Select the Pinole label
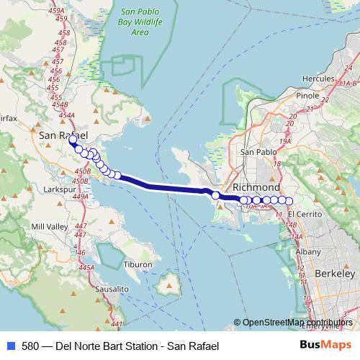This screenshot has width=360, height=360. tap(307, 94)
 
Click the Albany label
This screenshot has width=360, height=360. tap(307, 251)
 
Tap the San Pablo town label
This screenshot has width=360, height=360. tap(257, 152)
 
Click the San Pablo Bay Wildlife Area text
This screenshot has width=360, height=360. tap(145, 22)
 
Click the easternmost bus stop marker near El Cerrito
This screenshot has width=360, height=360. tap(290, 200)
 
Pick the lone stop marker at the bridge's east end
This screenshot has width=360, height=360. tap(215, 194)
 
